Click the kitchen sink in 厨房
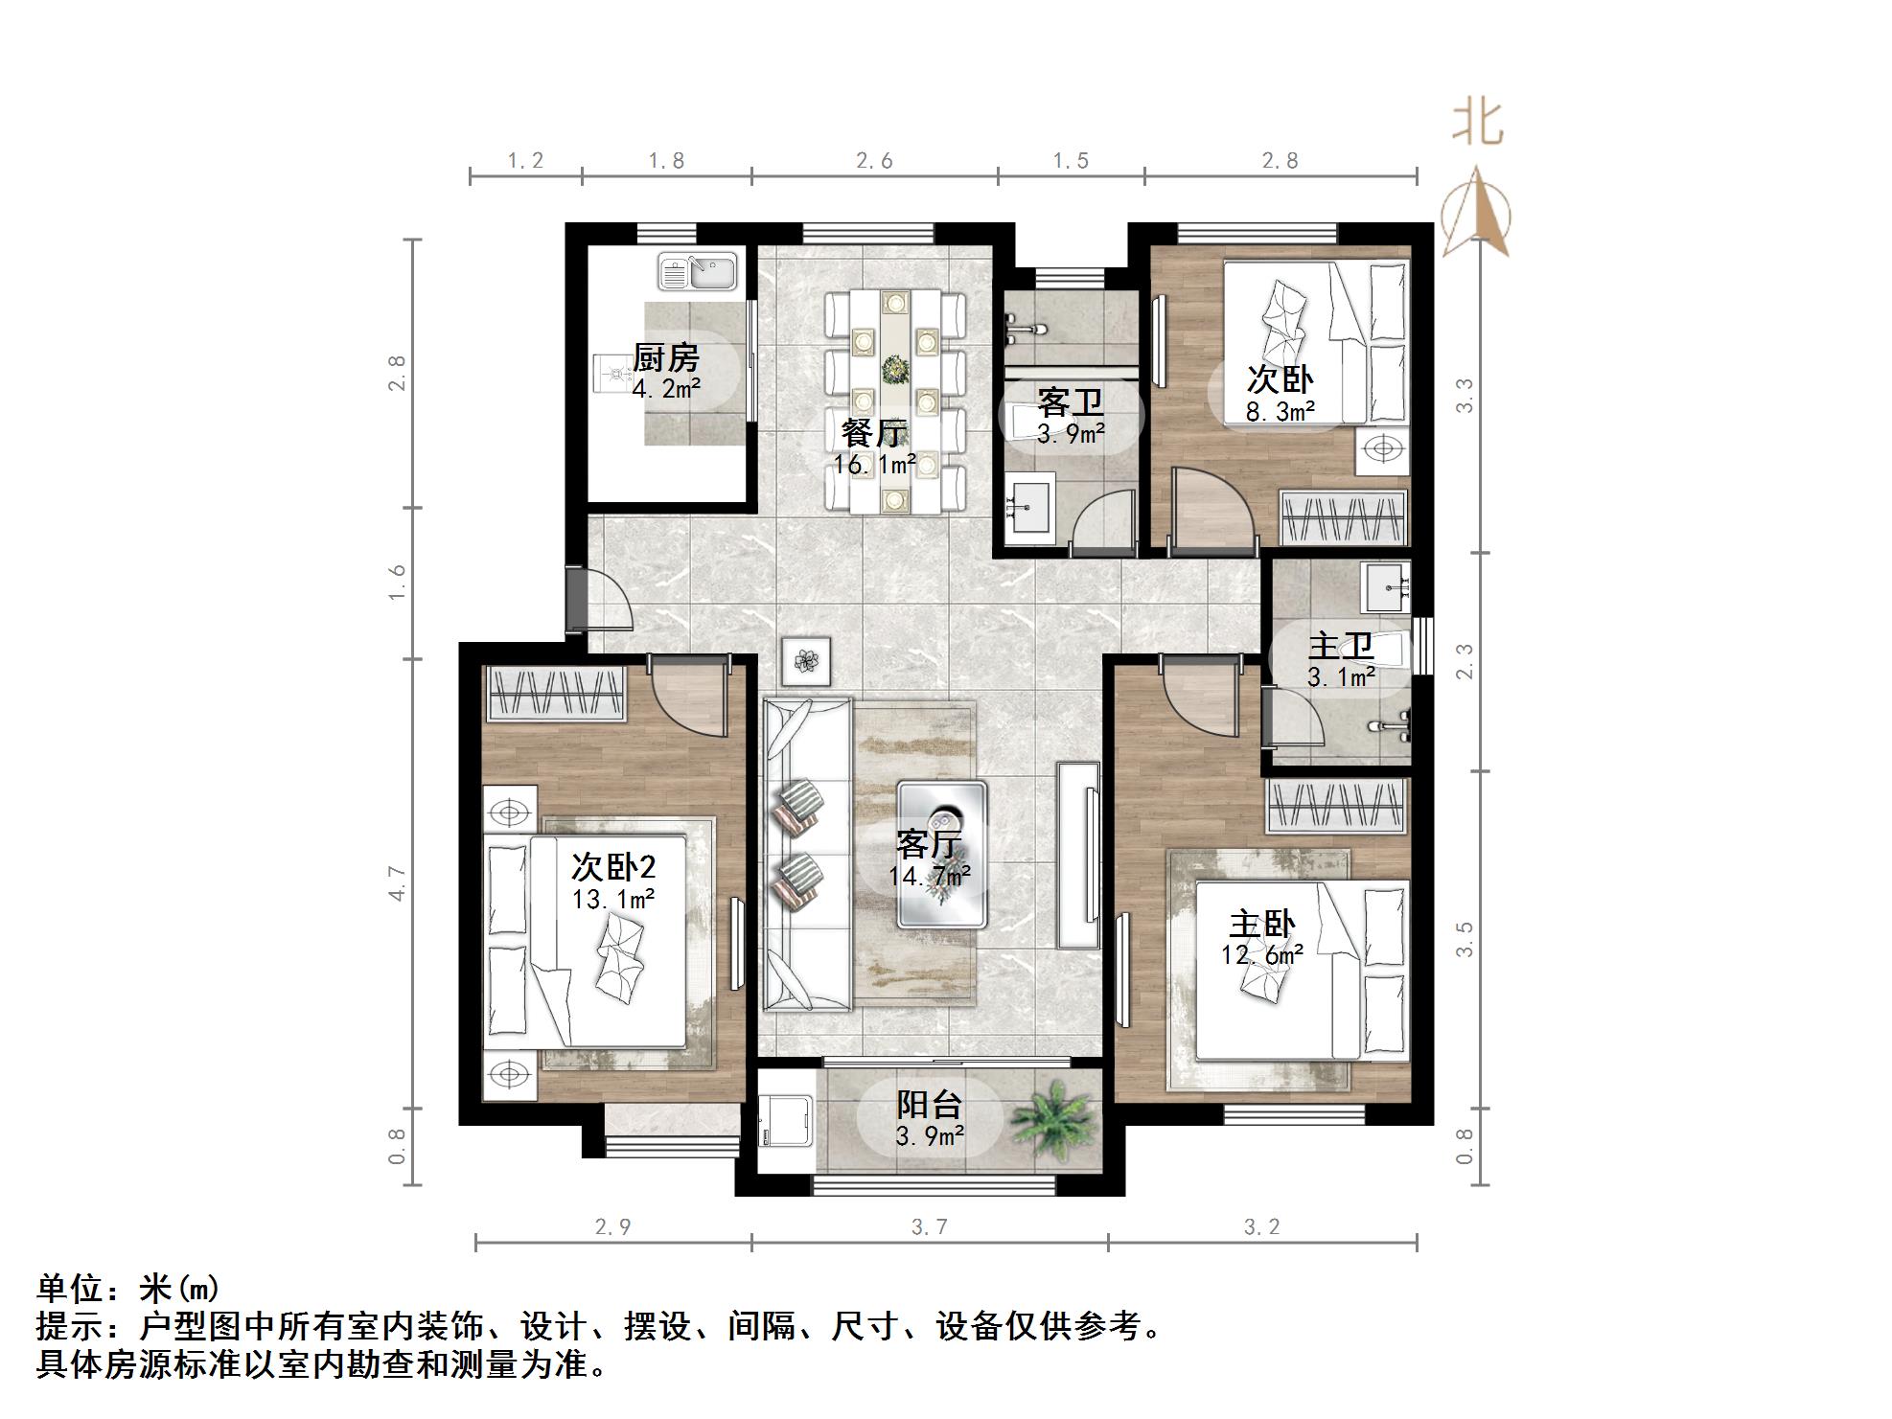point(697,271)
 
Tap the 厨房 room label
point(666,358)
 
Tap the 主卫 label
point(1341,645)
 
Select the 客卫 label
point(1071,401)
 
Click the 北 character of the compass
point(1477,124)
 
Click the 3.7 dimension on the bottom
point(929,1227)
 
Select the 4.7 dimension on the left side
point(398,882)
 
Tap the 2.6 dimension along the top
point(874,161)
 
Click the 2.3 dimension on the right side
point(1464,661)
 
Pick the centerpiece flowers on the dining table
point(895,368)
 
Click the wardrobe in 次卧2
point(555,693)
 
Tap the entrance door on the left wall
point(577,602)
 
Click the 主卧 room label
point(1262,925)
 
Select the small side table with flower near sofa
point(806,661)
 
